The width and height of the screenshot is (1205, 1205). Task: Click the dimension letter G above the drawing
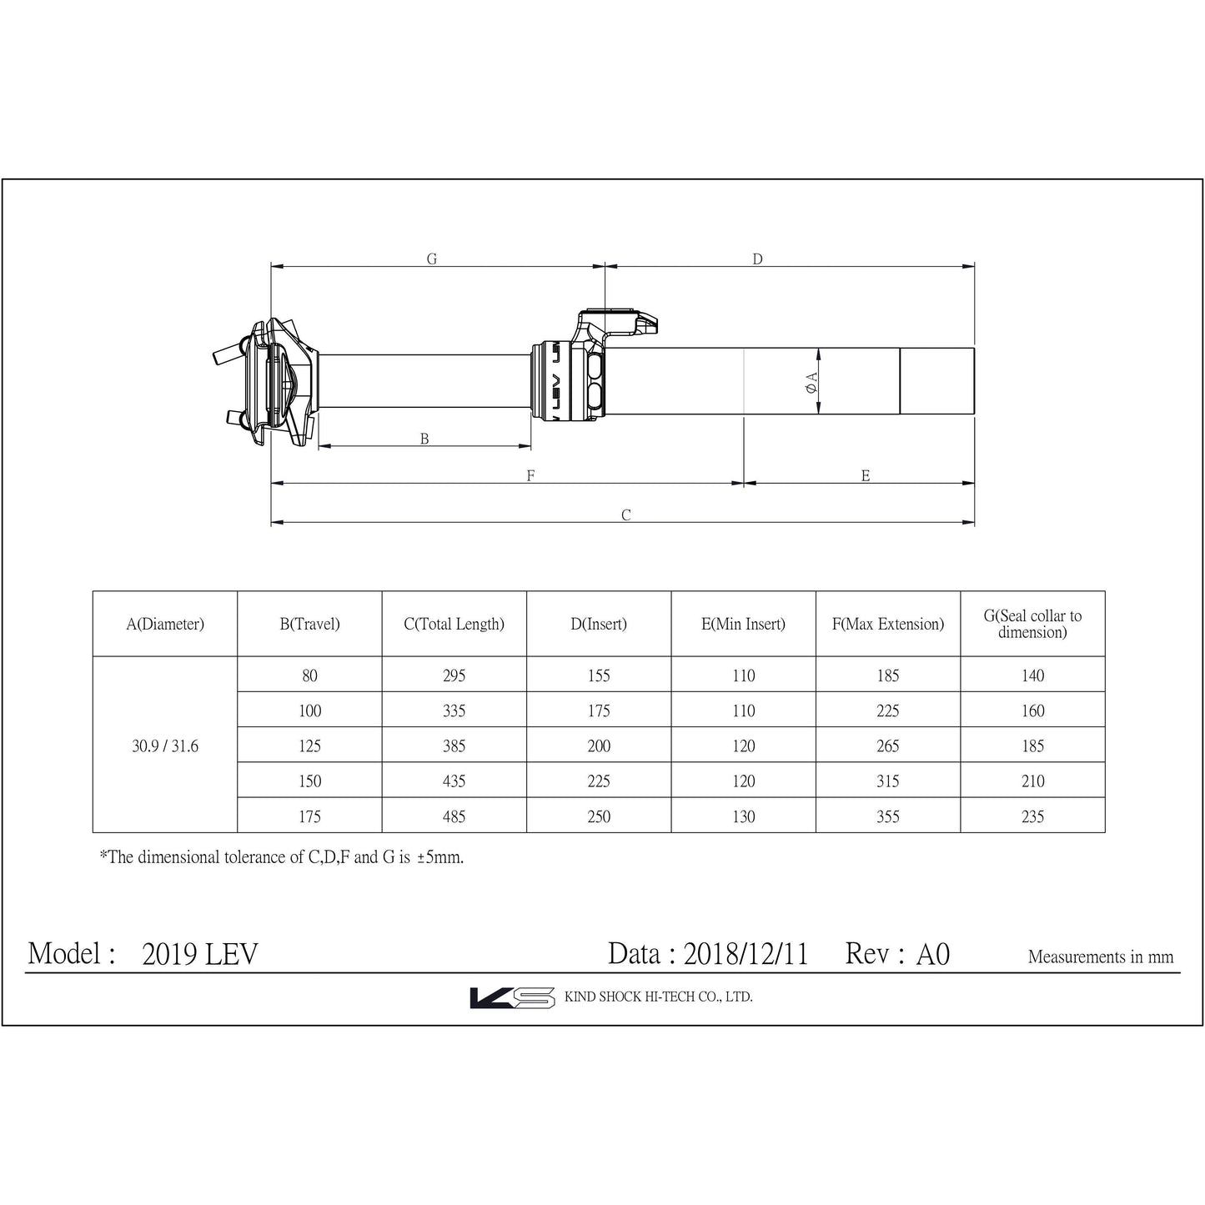[432, 259]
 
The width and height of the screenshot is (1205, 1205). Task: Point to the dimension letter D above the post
[757, 259]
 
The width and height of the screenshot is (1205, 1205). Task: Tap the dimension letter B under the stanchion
[424, 439]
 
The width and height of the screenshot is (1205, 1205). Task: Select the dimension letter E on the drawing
[866, 476]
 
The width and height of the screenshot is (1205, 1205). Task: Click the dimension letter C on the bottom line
[625, 515]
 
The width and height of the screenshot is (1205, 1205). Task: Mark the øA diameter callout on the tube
[811, 382]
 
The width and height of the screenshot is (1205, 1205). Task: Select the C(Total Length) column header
[454, 624]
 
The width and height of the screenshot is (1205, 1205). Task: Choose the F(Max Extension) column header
[888, 624]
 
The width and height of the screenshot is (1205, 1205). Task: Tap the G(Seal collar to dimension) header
[1032, 624]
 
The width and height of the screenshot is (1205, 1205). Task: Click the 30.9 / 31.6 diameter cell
[165, 746]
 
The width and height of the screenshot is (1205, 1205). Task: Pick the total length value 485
[454, 816]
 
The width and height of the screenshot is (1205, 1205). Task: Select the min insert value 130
[743, 816]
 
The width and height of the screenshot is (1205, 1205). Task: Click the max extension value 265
[888, 746]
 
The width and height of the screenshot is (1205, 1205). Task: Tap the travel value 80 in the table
[309, 676]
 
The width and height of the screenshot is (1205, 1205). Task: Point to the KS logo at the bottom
[512, 997]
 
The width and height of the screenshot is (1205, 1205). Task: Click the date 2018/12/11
[746, 954]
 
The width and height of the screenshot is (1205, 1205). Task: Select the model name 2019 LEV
[200, 954]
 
